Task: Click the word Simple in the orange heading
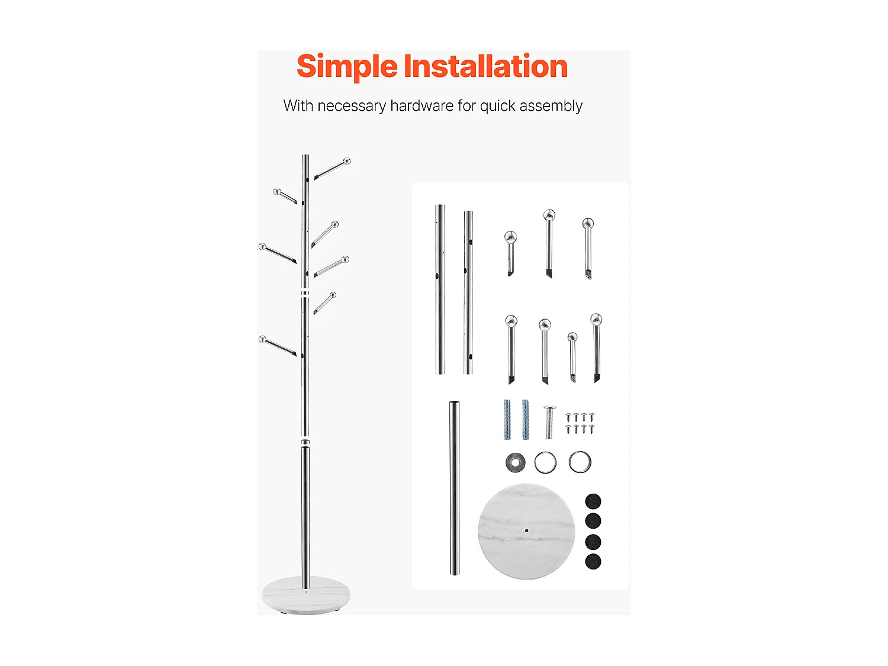coord(347,67)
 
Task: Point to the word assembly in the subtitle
coord(551,107)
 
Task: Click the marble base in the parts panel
coord(526,531)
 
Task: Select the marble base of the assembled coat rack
coord(306,596)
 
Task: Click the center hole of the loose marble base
coord(526,530)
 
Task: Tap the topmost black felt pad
coord(593,501)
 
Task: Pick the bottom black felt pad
coord(593,561)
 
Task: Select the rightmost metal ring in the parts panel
coord(580,462)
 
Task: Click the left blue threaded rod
coord(507,419)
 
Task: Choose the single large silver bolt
coord(549,422)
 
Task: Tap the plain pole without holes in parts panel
coord(455,488)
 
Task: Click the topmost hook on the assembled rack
coord(332,169)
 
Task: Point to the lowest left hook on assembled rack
coord(278,346)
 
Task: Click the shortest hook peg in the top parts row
coord(510,253)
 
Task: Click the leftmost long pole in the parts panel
coord(440,289)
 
